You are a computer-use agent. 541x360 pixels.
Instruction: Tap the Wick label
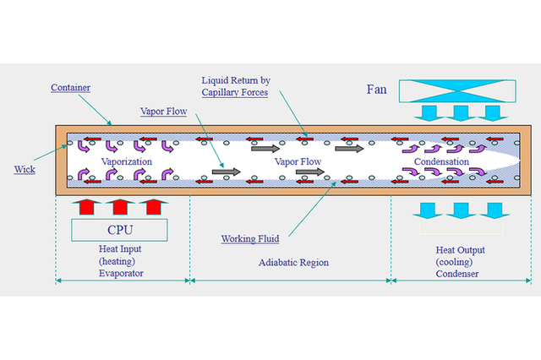(24, 169)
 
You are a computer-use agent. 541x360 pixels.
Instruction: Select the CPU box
(119, 229)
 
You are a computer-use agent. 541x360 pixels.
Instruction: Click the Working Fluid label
(250, 239)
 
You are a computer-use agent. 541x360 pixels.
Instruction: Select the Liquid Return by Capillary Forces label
(235, 86)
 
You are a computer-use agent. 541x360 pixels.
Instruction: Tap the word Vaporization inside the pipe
(127, 161)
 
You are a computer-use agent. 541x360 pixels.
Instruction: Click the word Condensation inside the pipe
(440, 161)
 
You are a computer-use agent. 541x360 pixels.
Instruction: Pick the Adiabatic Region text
(293, 263)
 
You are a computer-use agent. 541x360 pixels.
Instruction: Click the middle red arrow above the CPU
(119, 205)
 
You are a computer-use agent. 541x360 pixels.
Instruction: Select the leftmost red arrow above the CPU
(87, 205)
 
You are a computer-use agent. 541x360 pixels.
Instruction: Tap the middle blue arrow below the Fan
(461, 113)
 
